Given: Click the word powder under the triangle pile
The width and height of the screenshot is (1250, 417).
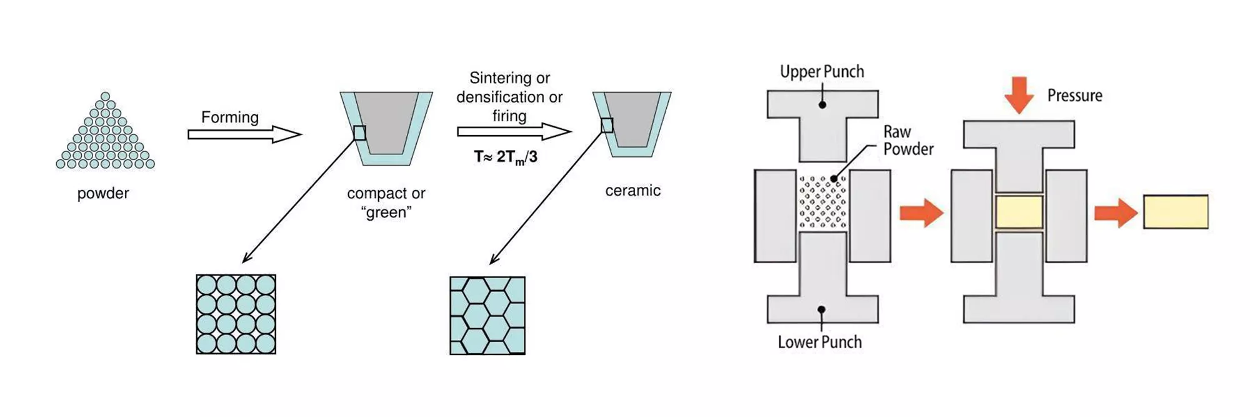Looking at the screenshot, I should coord(103,193).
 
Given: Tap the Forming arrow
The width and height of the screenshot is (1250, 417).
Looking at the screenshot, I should coord(244,134).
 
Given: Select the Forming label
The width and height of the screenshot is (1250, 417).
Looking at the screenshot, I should coord(229,117).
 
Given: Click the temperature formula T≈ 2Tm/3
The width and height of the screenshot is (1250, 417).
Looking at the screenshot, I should coord(506,157).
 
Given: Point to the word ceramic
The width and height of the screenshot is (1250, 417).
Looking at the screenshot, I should coord(632,190).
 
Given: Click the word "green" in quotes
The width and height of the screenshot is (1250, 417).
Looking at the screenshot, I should coord(386,212).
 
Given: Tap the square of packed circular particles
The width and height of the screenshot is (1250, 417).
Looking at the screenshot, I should coord(236,314).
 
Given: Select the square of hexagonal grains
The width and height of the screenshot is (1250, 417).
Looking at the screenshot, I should coord(487,315).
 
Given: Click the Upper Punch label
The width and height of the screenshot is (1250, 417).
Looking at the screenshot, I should coord(822,71).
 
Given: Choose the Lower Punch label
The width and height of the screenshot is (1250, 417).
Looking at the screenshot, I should coord(819,342).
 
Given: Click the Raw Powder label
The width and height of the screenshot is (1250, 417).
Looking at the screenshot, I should coord(907,140).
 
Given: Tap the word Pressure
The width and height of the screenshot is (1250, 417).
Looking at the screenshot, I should coord(1074,96).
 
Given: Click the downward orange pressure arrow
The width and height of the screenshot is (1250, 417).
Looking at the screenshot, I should coord(1019,94).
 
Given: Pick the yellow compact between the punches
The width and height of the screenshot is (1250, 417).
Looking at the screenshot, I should coord(1019,211).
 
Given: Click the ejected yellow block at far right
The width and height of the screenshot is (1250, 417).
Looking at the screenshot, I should coord(1176,211).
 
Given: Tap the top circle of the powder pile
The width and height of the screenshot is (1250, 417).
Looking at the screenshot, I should coord(105,96).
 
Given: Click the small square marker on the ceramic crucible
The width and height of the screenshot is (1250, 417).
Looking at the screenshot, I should coord(607,126).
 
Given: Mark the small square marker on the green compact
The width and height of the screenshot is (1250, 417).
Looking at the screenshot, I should coord(359,133).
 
